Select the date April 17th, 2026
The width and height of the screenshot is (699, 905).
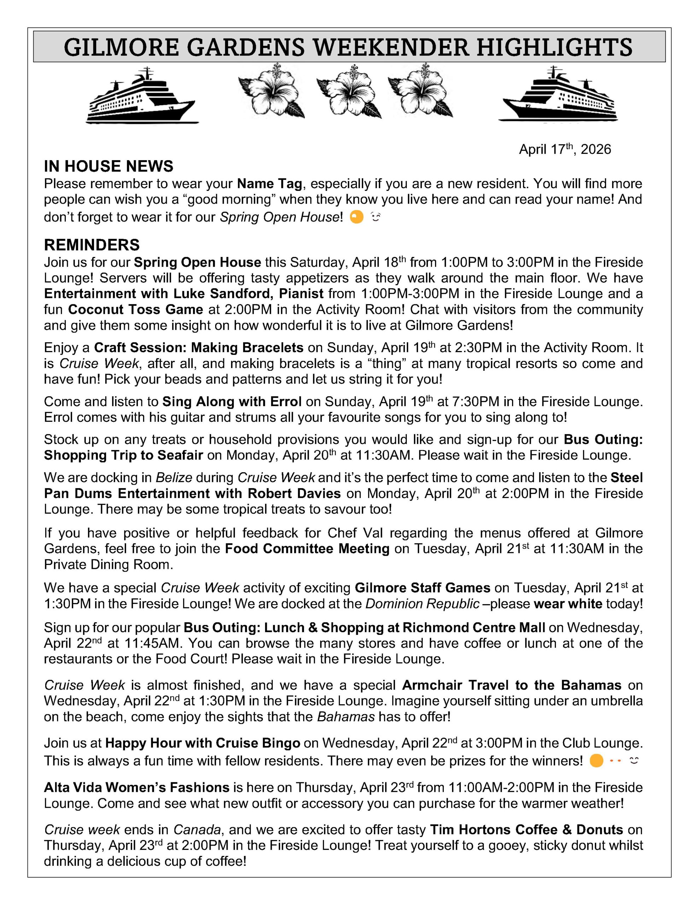pos(565,149)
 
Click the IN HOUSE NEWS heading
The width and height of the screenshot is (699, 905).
pos(108,166)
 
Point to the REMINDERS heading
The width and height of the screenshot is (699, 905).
pos(92,245)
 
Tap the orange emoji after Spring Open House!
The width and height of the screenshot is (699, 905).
pos(356,217)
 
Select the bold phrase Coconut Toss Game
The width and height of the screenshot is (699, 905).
pos(135,309)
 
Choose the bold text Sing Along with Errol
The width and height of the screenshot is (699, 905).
pos(231,401)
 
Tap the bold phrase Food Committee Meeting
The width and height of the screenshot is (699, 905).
pos(307,548)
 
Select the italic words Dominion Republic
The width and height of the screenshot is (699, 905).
pos(422,603)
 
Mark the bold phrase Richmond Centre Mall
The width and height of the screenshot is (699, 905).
pos(474,627)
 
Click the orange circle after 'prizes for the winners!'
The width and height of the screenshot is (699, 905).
pos(596,761)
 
